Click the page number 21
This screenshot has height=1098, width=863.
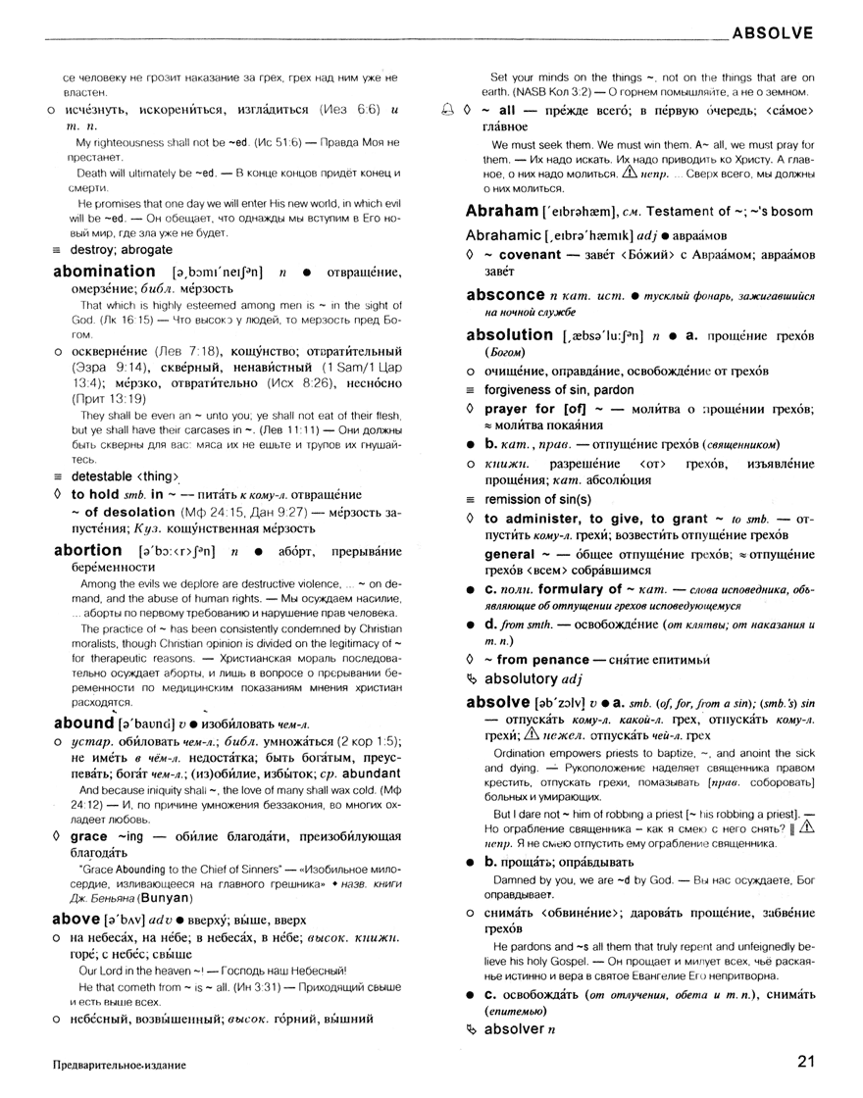click(806, 1061)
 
